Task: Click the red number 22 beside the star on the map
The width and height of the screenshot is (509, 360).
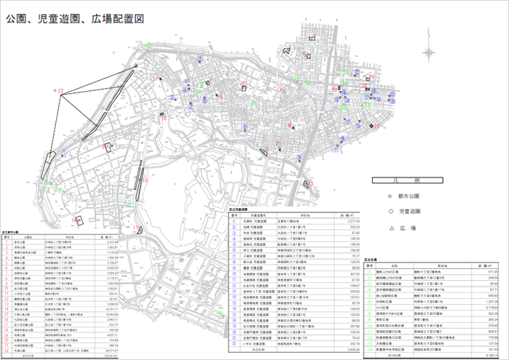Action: tap(62, 90)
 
